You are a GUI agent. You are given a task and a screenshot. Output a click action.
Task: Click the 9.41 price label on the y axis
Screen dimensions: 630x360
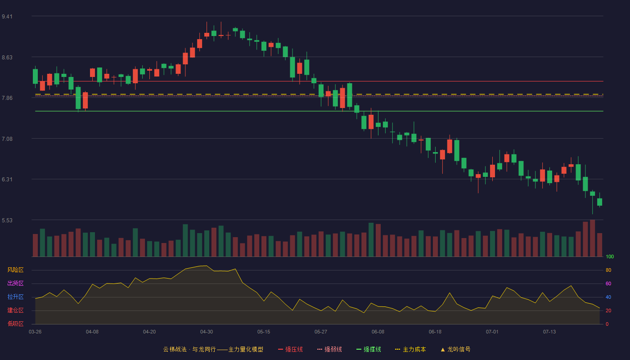pos(7,17)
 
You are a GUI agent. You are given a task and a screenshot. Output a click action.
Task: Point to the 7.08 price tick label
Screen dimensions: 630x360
pos(7,139)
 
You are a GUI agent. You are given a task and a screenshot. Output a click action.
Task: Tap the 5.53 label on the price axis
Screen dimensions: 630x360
pos(7,220)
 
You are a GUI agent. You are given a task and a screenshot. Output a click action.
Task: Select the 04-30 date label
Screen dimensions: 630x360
pos(207,332)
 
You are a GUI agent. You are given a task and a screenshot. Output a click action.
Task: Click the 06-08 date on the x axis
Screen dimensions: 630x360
pos(378,332)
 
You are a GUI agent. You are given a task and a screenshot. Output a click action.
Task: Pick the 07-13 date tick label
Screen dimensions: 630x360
pos(549,332)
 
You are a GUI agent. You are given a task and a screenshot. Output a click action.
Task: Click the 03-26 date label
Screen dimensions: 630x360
pos(35,332)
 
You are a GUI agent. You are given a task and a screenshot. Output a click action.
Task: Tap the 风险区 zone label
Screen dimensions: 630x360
pos(15,270)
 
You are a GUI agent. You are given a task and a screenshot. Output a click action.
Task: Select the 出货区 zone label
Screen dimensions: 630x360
pos(15,283)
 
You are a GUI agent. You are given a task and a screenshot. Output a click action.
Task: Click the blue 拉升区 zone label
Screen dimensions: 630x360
pos(15,297)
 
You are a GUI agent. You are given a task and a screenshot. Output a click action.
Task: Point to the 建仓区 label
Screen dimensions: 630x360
pos(15,310)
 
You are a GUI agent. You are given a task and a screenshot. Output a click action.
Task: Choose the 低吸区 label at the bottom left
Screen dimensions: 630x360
pos(15,324)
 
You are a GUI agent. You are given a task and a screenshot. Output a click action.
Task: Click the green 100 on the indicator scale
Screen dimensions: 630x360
pos(610,256)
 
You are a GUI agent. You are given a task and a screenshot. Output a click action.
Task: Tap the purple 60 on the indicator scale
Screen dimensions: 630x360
pos(608,283)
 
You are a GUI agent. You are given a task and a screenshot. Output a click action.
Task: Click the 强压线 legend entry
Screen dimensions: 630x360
pos(290,349)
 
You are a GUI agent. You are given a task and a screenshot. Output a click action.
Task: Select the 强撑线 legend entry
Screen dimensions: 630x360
pos(369,349)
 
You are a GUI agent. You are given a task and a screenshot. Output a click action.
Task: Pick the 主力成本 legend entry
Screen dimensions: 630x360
pos(410,349)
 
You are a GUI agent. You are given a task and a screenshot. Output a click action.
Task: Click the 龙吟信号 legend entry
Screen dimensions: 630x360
pos(455,349)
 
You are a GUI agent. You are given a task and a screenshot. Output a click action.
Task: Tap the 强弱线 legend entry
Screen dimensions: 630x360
pos(329,349)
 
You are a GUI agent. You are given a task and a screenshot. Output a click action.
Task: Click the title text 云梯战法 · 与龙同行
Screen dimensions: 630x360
pos(189,349)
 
